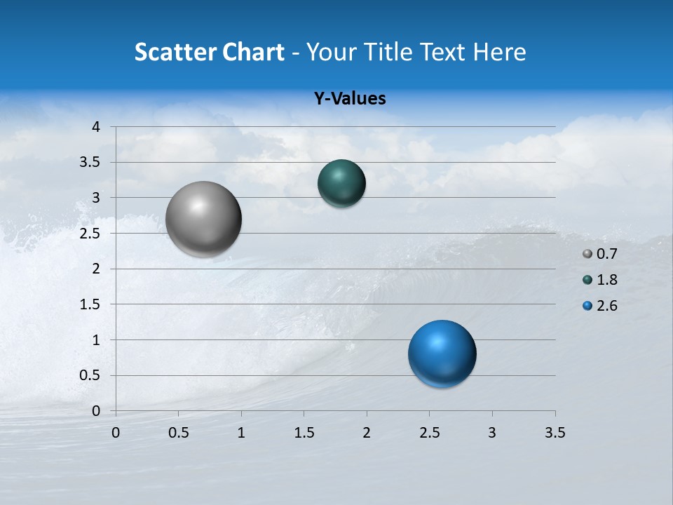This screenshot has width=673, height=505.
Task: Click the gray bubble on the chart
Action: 204,219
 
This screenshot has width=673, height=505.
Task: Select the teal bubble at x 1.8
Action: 341,183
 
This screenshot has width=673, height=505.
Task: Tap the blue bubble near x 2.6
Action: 442,353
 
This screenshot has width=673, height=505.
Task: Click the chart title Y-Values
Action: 350,99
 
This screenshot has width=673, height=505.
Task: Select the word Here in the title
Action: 499,52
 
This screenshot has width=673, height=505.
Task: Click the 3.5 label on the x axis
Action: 555,433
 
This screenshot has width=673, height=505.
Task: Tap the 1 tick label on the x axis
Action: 241,433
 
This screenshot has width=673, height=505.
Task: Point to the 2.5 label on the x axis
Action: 429,433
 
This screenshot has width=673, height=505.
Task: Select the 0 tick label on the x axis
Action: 116,433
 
